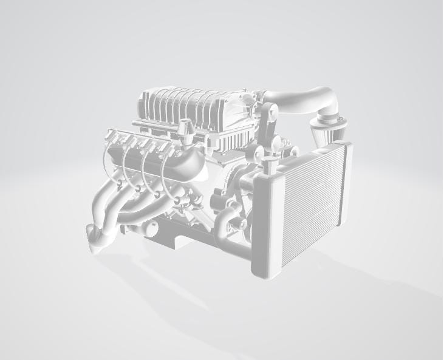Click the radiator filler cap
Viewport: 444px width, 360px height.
(270, 161)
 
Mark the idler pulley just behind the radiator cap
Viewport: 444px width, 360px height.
(257, 151)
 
